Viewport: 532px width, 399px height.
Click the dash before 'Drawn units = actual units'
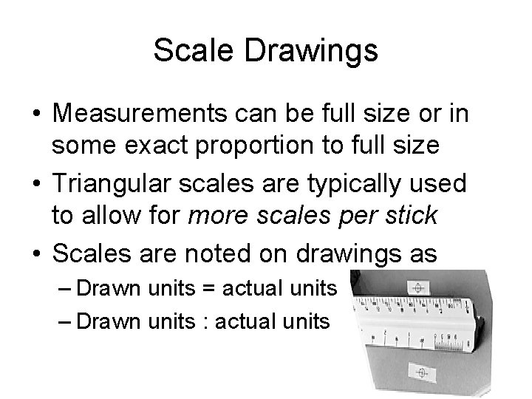[68, 287]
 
